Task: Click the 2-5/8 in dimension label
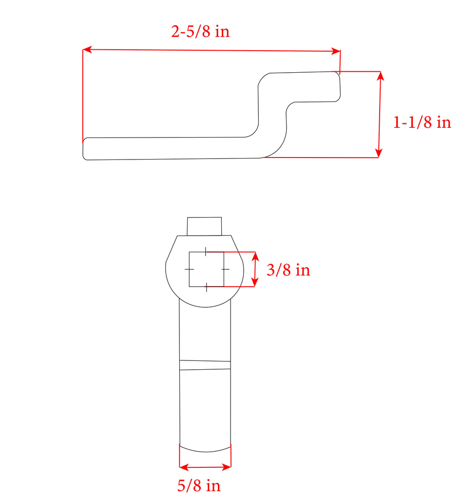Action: coord(200,32)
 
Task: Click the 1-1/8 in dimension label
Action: coord(422,122)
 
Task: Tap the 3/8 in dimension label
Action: coord(288,270)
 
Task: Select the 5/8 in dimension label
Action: coord(199,485)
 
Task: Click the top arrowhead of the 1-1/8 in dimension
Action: coord(380,76)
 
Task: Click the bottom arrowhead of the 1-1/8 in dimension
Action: coord(379,154)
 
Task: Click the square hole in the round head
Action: coord(206,269)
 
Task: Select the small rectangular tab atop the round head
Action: coord(205,226)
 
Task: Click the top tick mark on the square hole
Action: coord(206,252)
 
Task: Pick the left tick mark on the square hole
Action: coord(189,269)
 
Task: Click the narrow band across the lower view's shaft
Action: coord(205,365)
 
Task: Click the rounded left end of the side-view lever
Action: coord(86,149)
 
